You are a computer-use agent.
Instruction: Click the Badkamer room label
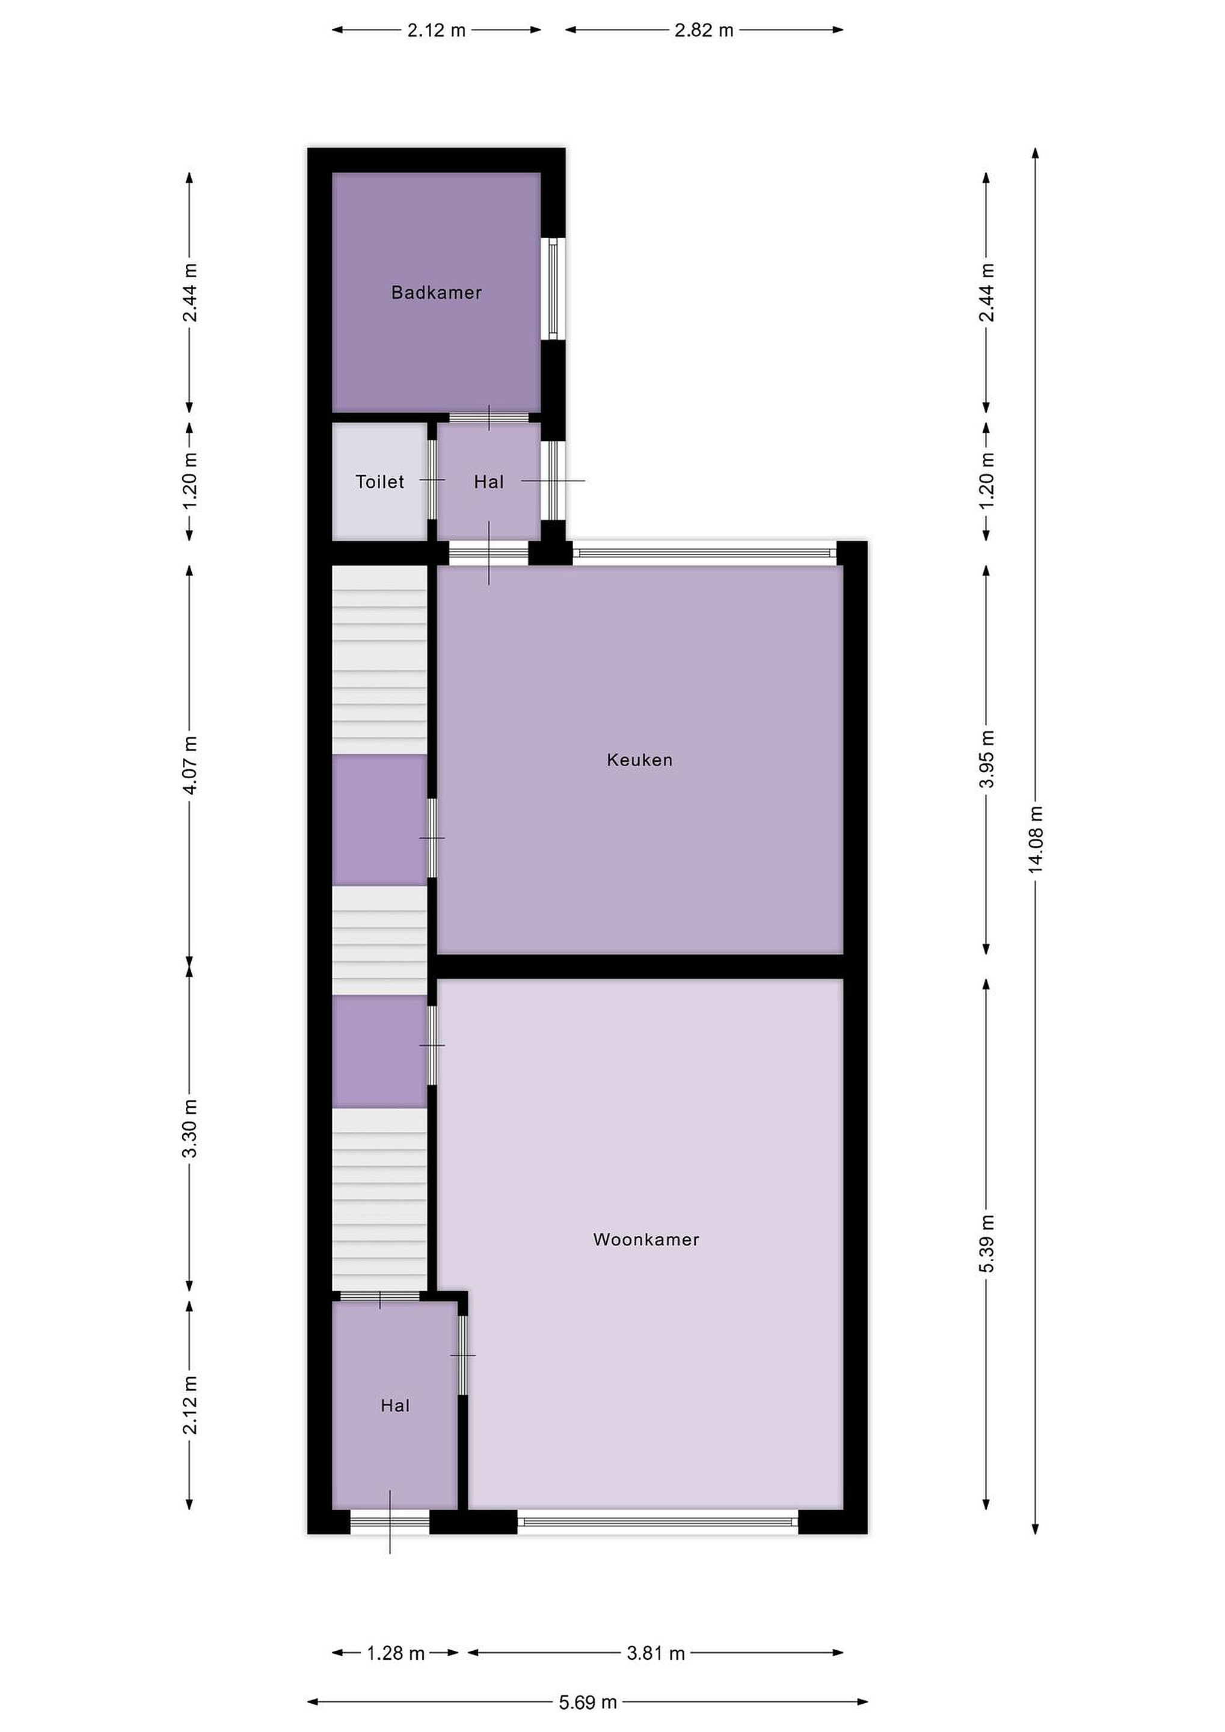pos(436,293)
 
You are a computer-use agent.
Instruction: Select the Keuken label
pos(640,760)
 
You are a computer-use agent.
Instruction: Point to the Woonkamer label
pos(646,1239)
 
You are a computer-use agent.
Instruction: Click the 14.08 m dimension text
pos(1036,840)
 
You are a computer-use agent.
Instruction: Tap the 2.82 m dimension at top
pos(704,30)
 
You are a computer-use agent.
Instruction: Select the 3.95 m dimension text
pos(987,759)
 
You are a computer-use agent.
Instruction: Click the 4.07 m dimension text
pos(190,765)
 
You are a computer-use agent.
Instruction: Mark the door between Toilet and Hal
pos(432,480)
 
